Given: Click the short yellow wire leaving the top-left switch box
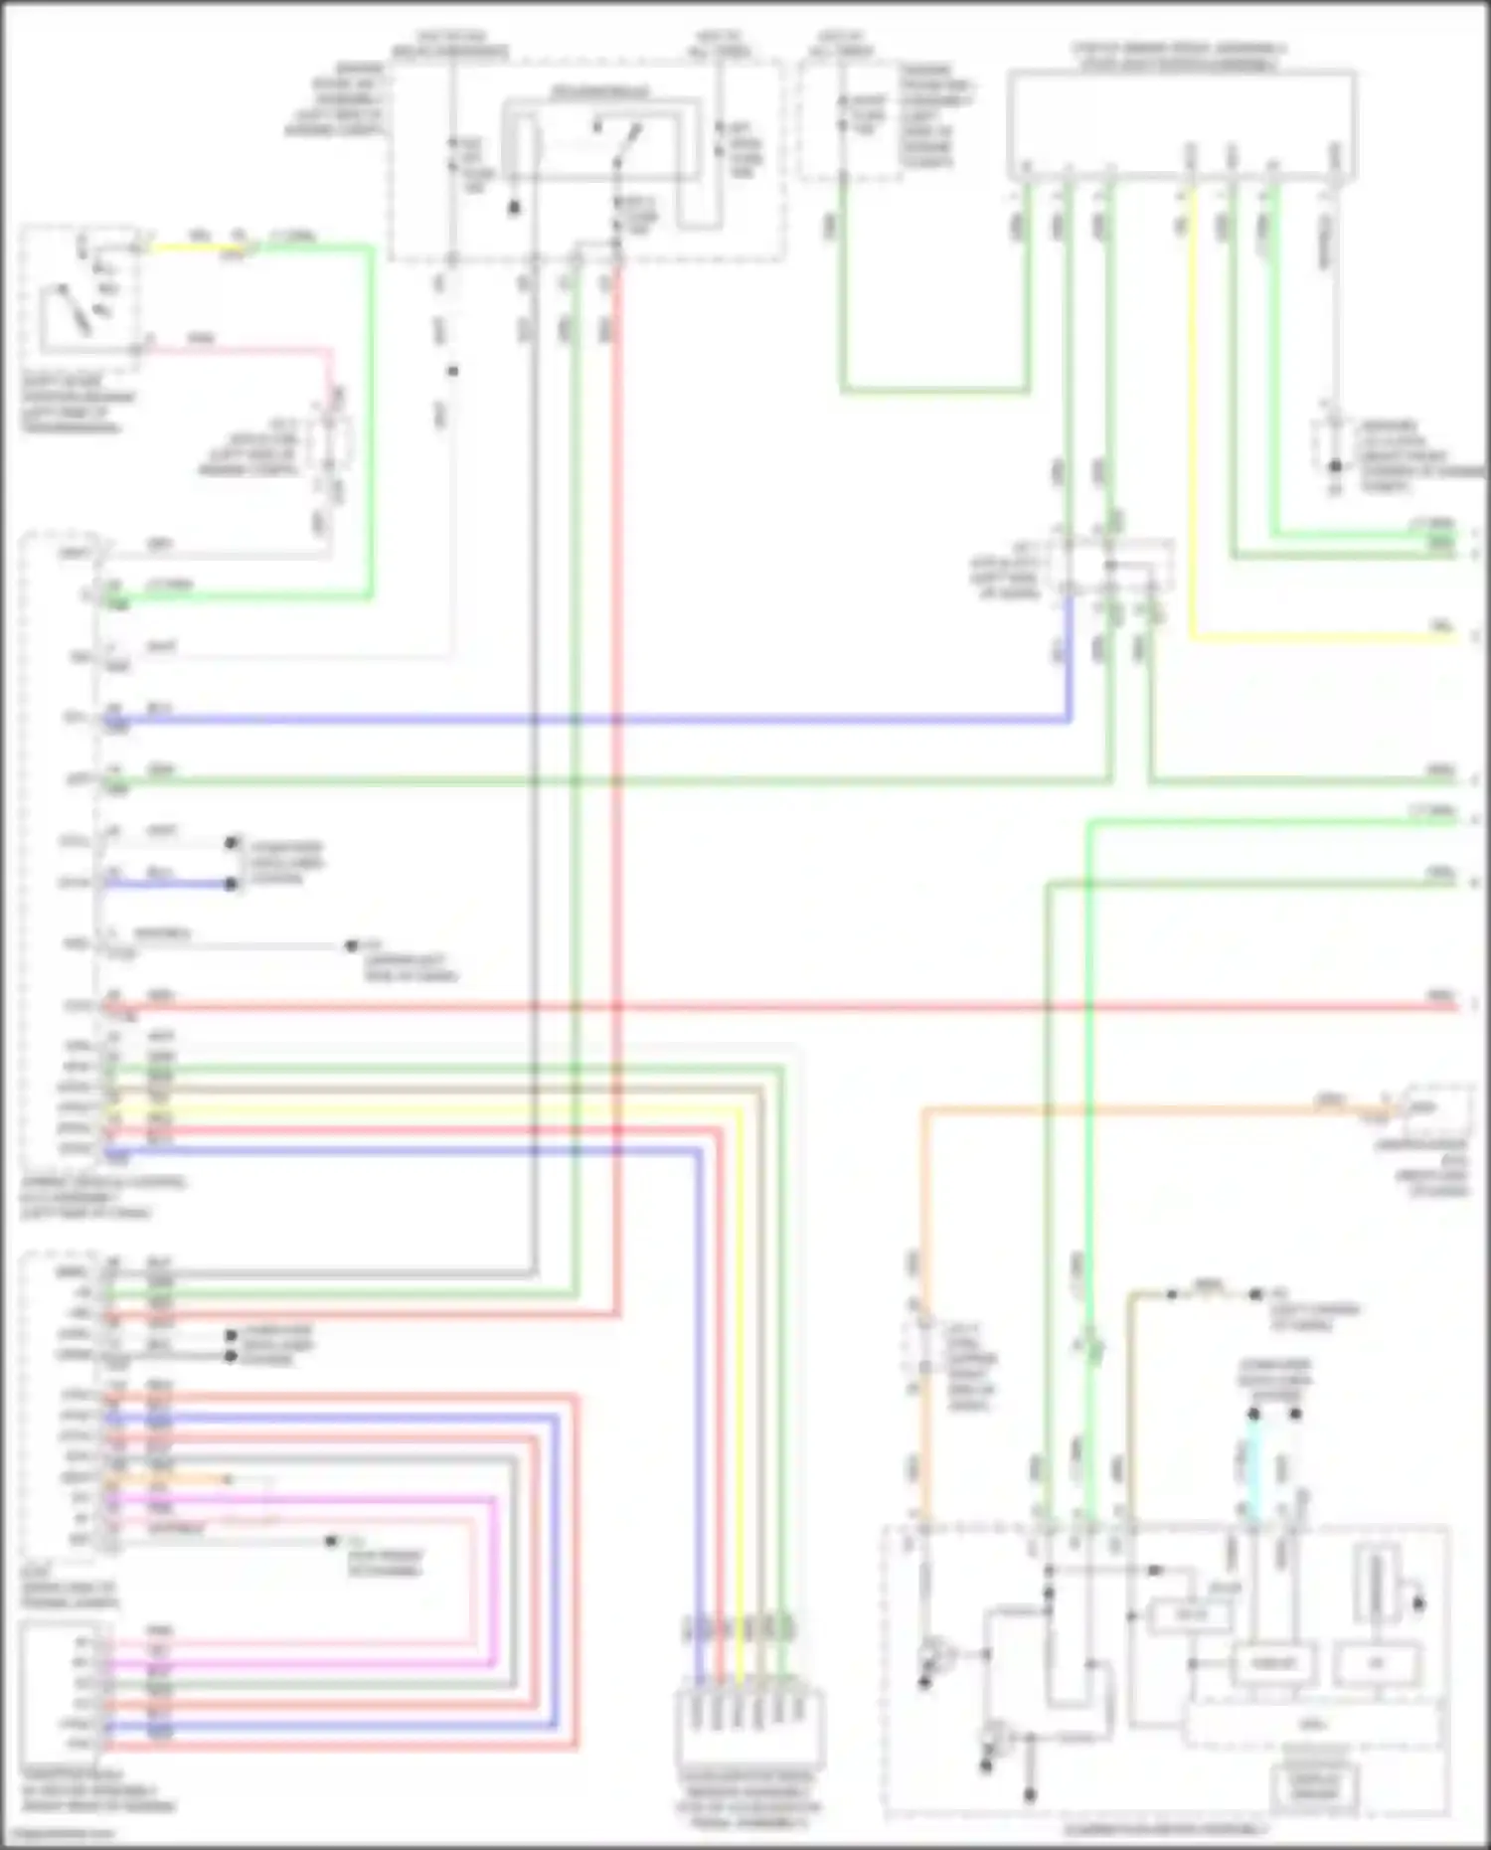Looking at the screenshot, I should click(199, 248).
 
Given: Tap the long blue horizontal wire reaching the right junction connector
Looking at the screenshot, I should click(596, 719).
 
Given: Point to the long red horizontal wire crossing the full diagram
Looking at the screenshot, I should click(795, 1007).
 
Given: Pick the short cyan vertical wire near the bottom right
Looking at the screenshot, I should click(1253, 1466).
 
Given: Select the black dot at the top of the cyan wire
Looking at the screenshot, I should click(1253, 1414).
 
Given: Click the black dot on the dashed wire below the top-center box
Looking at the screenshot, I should click(452, 371).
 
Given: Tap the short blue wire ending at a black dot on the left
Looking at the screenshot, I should click(169, 884).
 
